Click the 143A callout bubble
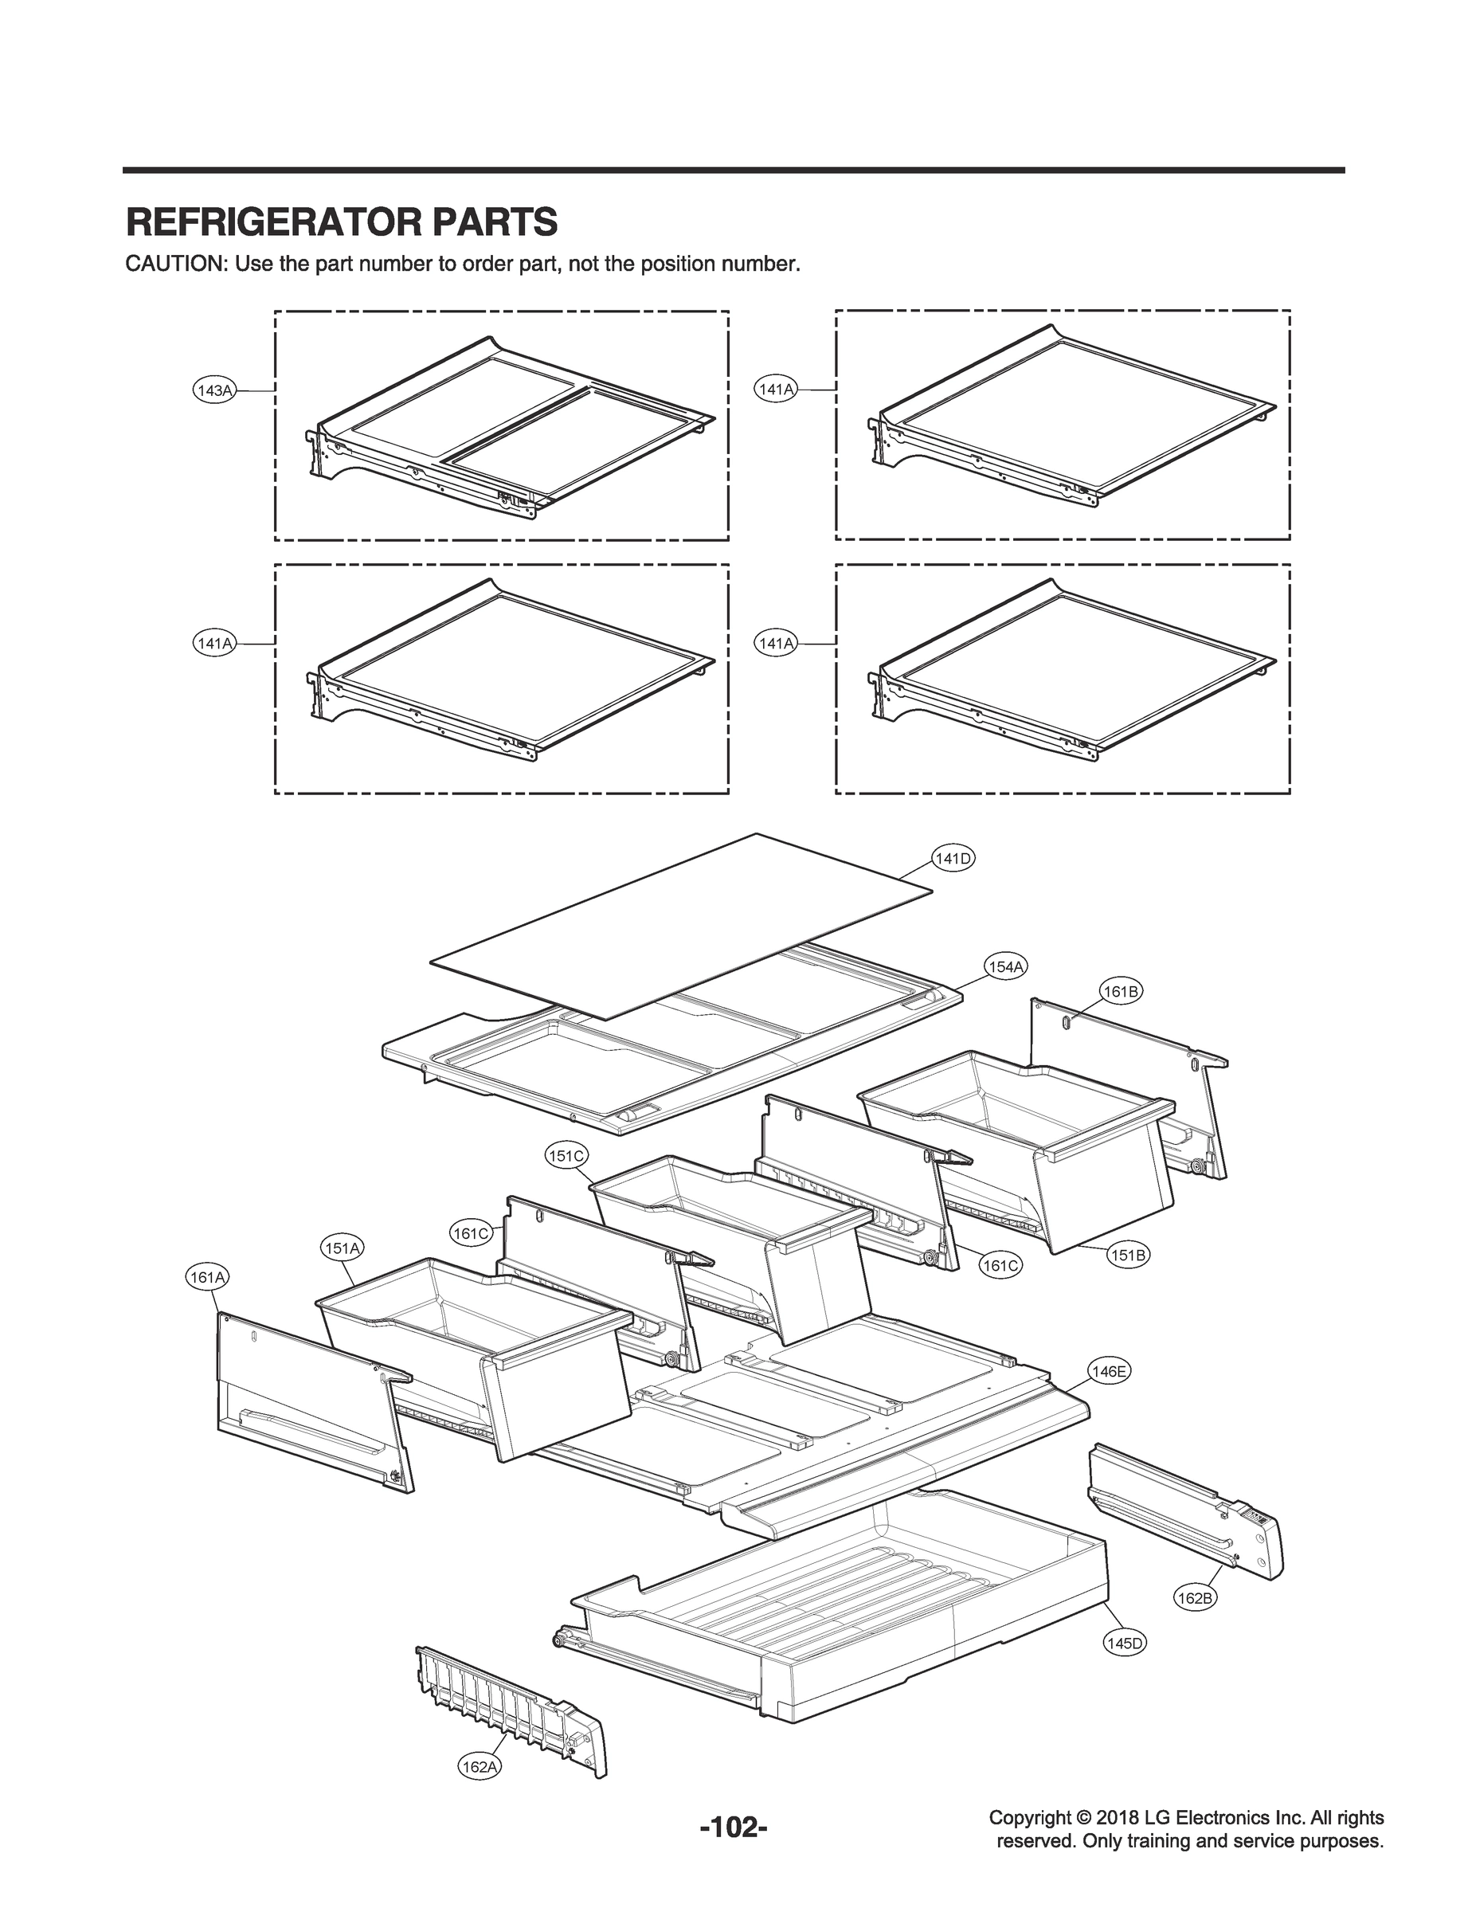(x=213, y=390)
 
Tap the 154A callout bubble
(x=1006, y=966)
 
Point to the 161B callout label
(x=1120, y=991)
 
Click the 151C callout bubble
(x=566, y=1156)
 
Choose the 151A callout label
(x=342, y=1248)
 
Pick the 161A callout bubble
(x=208, y=1278)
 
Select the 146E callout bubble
(x=1109, y=1372)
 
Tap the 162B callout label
(x=1194, y=1598)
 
